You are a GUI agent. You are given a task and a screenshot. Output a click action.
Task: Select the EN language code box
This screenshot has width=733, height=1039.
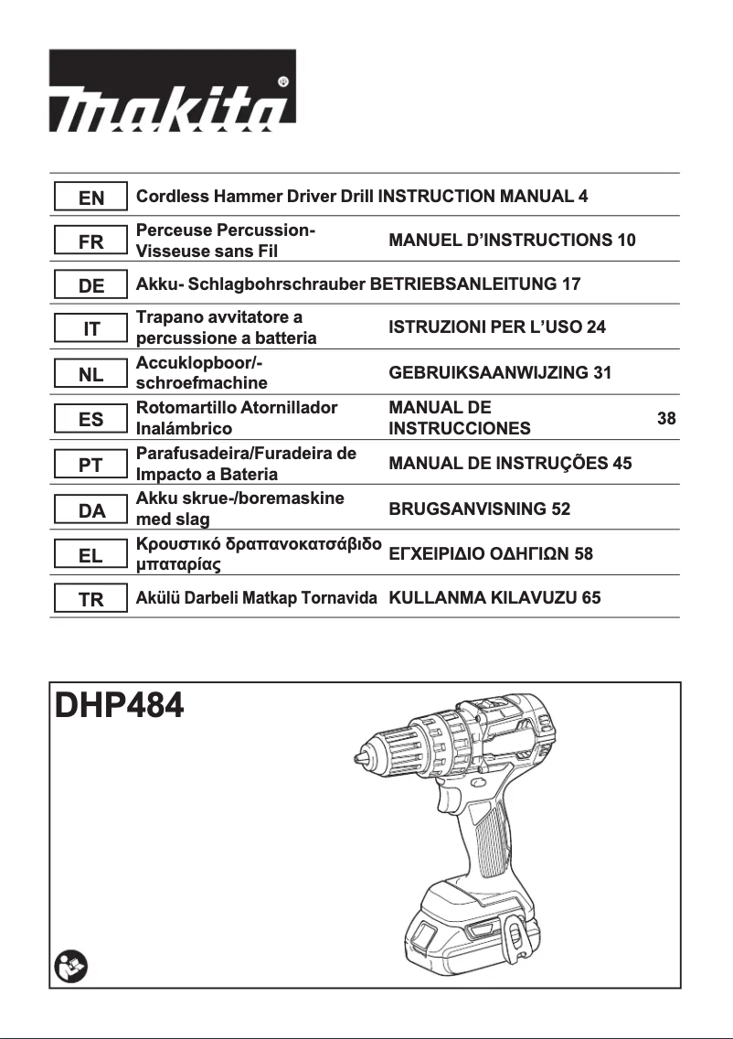pyautogui.click(x=90, y=197)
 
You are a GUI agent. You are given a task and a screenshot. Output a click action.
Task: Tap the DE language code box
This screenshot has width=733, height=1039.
pyautogui.click(x=90, y=285)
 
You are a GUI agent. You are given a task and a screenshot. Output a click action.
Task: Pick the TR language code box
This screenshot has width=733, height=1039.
pyautogui.click(x=90, y=600)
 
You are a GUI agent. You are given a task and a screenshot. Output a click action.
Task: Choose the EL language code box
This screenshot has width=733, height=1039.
pyautogui.click(x=90, y=554)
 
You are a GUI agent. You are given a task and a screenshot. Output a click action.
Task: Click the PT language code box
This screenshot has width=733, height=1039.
pyautogui.click(x=90, y=465)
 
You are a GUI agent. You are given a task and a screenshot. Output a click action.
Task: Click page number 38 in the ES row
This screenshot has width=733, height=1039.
pyautogui.click(x=666, y=419)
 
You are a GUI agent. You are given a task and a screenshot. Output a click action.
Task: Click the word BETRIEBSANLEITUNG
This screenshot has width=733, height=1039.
pyautogui.click(x=462, y=285)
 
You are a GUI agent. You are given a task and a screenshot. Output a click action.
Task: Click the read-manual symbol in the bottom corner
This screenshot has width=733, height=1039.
pyautogui.click(x=68, y=965)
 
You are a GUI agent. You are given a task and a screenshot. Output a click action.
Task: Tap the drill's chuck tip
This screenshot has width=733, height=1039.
pyautogui.click(x=358, y=757)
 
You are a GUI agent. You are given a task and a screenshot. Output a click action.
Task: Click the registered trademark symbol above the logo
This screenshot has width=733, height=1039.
pyautogui.click(x=283, y=82)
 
